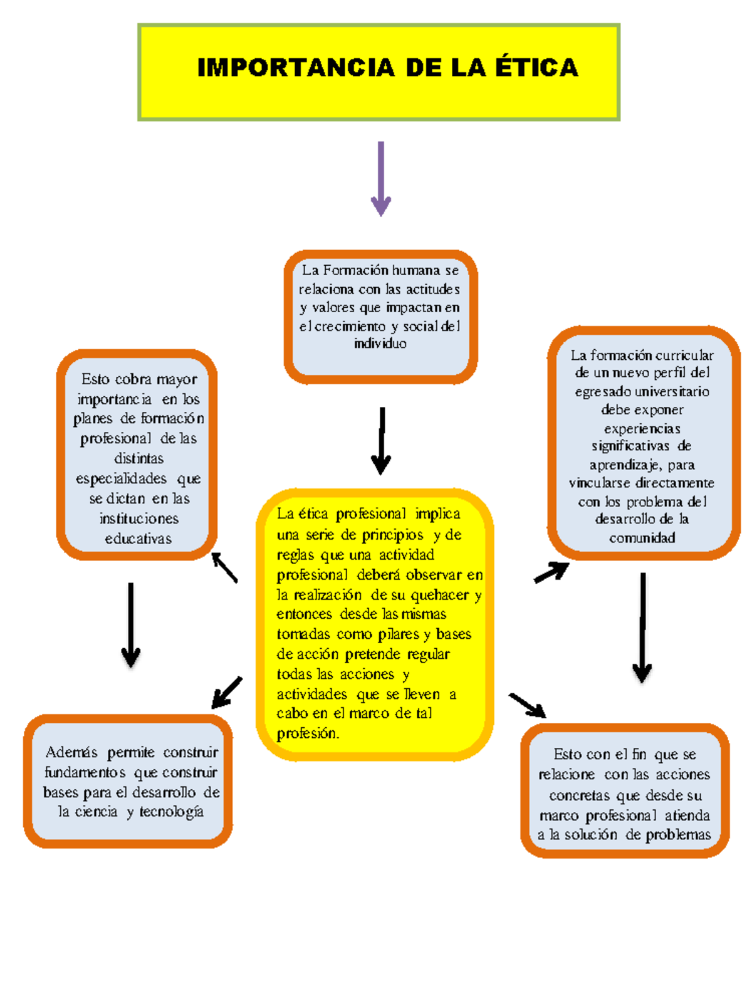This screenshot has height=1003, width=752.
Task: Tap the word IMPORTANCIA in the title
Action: click(295, 68)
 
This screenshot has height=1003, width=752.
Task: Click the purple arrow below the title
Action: click(381, 179)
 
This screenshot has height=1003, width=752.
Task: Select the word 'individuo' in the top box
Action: click(380, 343)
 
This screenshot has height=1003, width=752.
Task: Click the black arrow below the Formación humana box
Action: click(381, 441)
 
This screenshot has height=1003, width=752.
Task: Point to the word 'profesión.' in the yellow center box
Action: click(308, 733)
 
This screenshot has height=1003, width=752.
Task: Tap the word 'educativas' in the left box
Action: click(138, 538)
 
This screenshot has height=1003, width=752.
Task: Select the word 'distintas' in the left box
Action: click(138, 458)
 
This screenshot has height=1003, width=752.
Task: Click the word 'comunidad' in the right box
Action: click(642, 538)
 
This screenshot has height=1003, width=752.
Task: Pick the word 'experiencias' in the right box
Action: click(642, 429)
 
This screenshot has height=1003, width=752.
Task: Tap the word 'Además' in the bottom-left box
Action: click(71, 752)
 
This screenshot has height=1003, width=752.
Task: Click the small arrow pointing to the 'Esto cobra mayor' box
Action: click(224, 567)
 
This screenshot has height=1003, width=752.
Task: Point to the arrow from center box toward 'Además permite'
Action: click(227, 692)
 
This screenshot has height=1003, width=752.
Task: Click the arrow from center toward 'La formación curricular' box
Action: click(551, 572)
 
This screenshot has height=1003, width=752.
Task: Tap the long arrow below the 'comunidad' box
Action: click(642, 628)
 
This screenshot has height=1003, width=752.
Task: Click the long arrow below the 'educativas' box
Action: click(131, 624)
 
